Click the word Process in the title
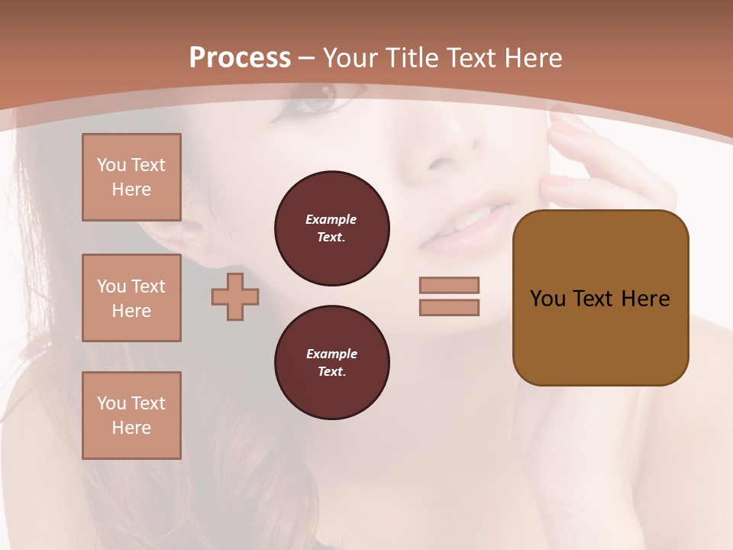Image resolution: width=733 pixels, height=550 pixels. pyautogui.click(x=240, y=58)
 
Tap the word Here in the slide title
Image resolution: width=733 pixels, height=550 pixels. pyautogui.click(x=531, y=58)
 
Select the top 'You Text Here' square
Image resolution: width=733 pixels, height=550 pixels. pyautogui.click(x=131, y=177)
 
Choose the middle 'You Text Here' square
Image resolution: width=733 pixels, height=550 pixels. pyautogui.click(x=131, y=298)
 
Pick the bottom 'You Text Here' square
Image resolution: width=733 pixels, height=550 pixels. pyautogui.click(x=131, y=416)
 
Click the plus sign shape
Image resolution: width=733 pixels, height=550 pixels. pyautogui.click(x=235, y=296)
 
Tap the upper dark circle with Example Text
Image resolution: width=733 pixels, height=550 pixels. pyautogui.click(x=332, y=228)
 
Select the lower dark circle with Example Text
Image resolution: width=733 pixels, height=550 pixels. pyautogui.click(x=332, y=363)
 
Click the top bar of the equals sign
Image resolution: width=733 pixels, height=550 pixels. pyautogui.click(x=449, y=285)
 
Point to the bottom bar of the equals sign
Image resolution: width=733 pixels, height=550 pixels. pyautogui.click(x=449, y=308)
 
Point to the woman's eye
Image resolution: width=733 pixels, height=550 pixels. pyautogui.click(x=316, y=99)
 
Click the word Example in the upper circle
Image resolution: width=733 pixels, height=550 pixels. pyautogui.click(x=331, y=219)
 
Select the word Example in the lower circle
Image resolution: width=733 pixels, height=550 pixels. pyautogui.click(x=331, y=354)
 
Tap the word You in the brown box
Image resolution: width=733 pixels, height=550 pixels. pyautogui.click(x=547, y=299)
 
